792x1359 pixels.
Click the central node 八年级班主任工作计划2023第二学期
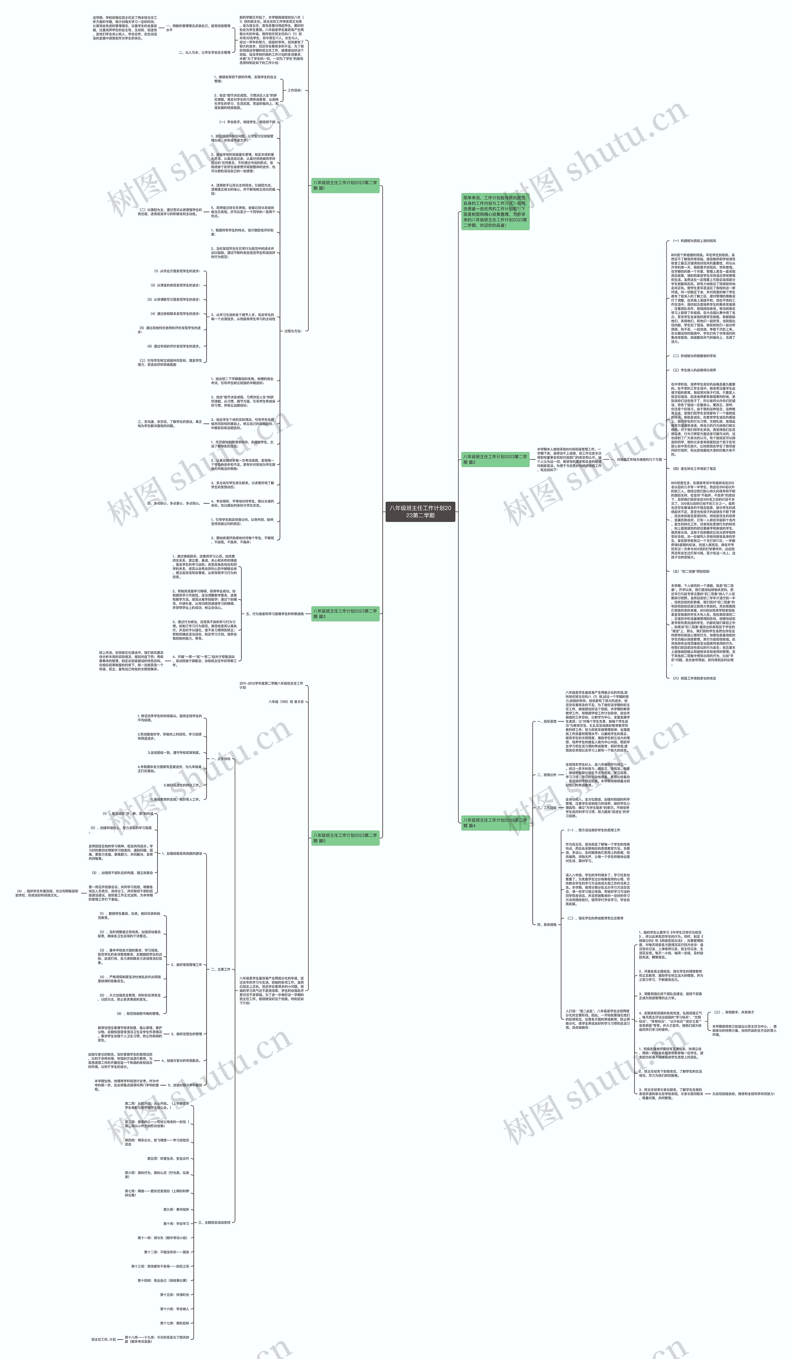point(420,511)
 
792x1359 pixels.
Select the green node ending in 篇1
point(345,185)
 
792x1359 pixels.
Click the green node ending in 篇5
point(345,837)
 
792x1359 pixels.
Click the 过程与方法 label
point(293,331)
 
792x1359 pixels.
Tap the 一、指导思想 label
point(546,721)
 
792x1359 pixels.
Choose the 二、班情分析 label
point(546,774)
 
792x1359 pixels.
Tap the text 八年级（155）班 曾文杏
point(286,702)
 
